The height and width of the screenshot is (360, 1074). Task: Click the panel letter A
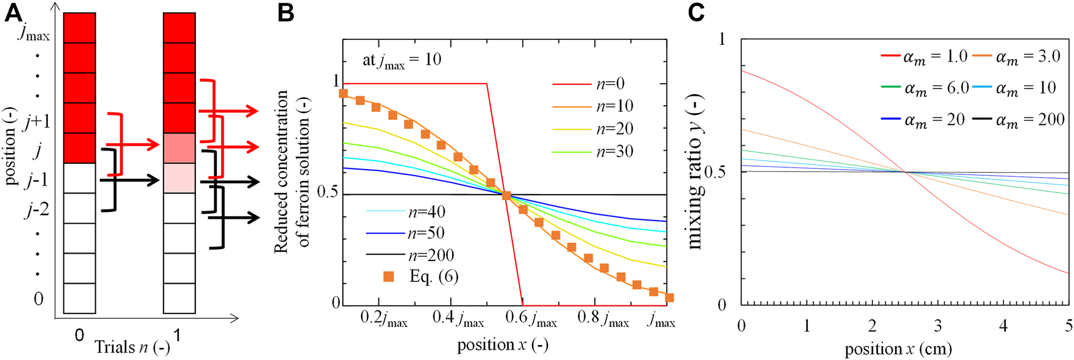click(x=14, y=13)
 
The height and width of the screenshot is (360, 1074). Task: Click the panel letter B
click(x=286, y=13)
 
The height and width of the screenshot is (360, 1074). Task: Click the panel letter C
click(x=696, y=12)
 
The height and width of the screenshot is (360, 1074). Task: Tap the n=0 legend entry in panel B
click(x=610, y=84)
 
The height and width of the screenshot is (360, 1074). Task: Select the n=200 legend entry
click(x=431, y=256)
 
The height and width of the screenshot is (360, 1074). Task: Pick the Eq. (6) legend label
click(x=434, y=277)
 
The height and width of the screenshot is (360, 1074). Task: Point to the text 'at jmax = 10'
click(x=402, y=61)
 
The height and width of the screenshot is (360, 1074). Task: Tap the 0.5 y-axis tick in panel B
click(x=327, y=192)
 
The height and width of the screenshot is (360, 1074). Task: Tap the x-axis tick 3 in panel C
click(x=938, y=325)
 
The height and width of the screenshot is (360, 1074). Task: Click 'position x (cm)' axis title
click(x=898, y=349)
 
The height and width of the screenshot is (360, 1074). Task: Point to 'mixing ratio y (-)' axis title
click(x=696, y=172)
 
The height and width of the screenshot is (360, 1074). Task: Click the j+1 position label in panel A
click(x=37, y=122)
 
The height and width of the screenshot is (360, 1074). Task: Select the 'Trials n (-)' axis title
click(x=132, y=347)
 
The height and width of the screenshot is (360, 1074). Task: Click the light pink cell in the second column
click(x=179, y=178)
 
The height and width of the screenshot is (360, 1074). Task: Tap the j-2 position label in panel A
click(x=36, y=211)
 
